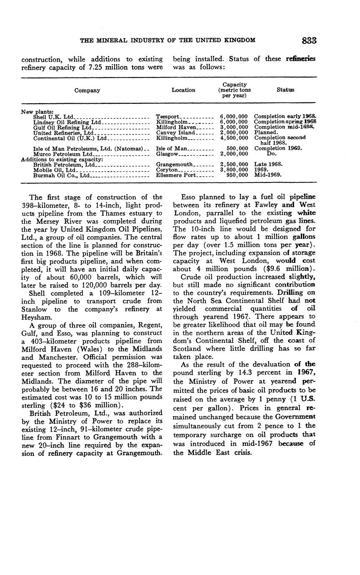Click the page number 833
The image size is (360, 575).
tap(309, 40)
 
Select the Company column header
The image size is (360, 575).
tap(87, 90)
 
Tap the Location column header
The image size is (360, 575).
tap(183, 90)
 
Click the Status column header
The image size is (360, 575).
tap(285, 90)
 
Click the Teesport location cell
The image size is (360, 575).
tap(167, 117)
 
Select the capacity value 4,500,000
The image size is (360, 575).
tap(234, 138)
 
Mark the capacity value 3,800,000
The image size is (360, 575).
tap(234, 170)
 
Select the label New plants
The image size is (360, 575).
tap(37, 111)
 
